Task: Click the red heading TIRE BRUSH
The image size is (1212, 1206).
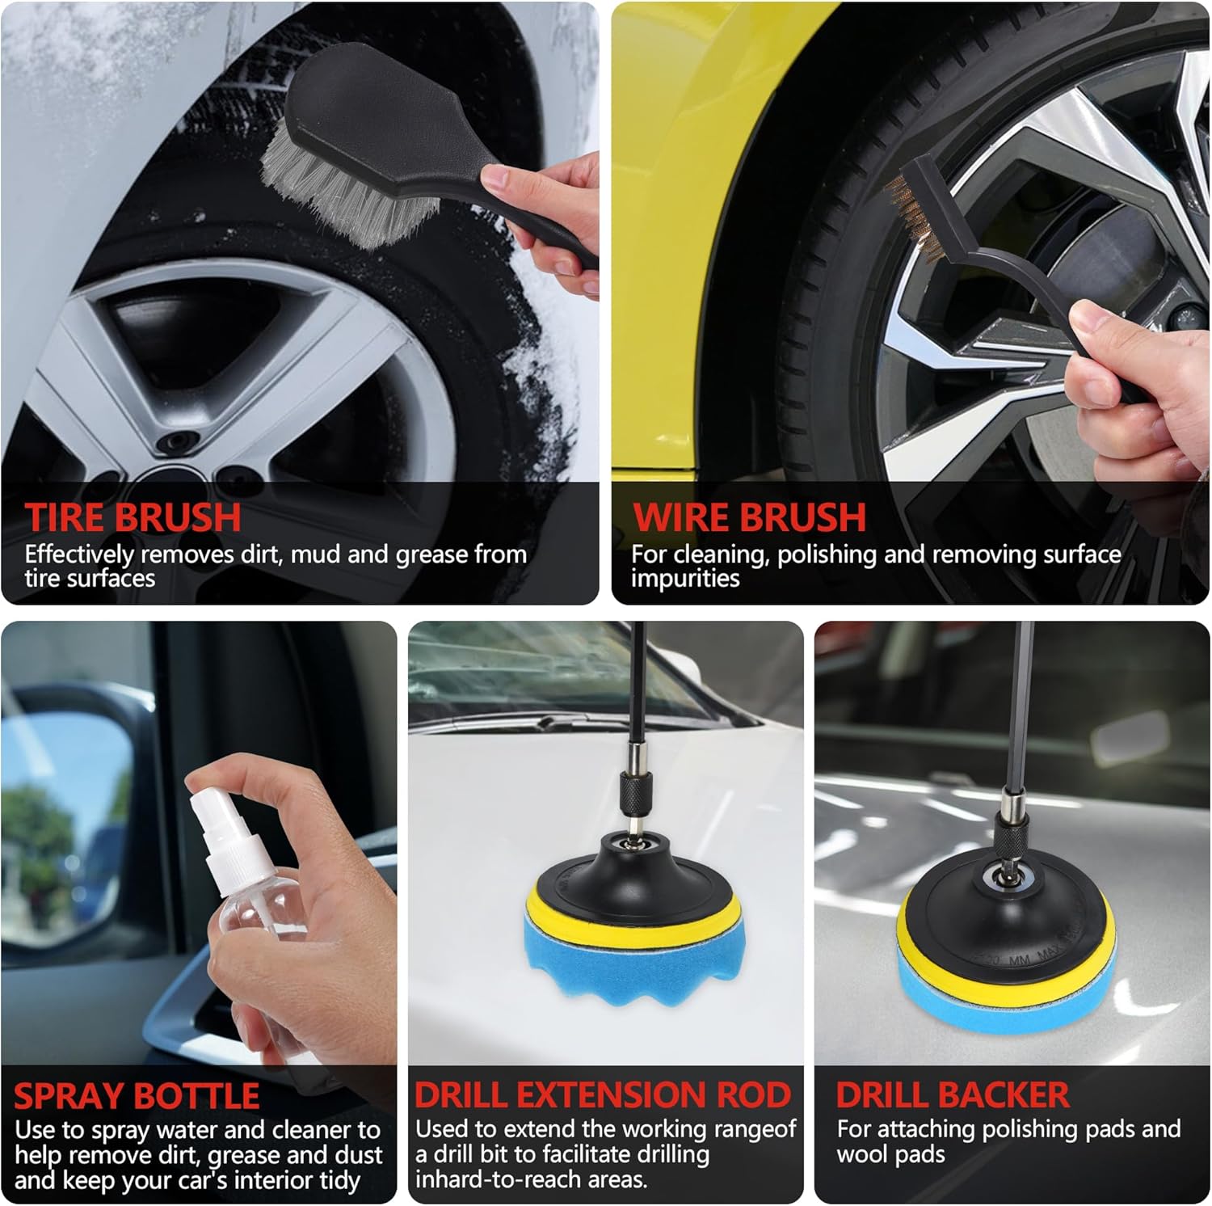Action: coord(133,517)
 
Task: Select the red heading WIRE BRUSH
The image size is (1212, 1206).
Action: coord(749,517)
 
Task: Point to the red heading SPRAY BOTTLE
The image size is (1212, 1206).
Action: coord(137,1096)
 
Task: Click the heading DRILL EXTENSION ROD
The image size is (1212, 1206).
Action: coord(602,1094)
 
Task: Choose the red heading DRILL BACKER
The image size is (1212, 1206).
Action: coord(953,1094)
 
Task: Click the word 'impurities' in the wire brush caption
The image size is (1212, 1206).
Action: coord(685,579)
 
